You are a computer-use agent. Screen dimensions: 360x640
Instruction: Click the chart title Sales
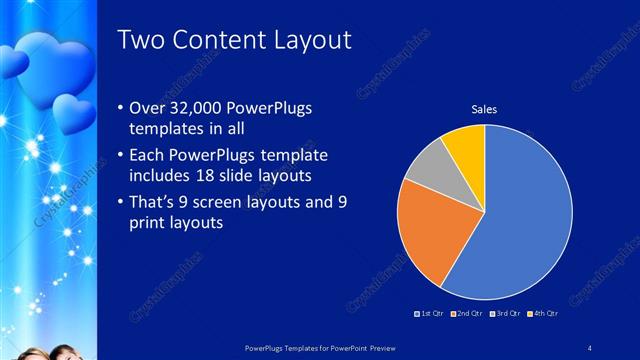[484, 109]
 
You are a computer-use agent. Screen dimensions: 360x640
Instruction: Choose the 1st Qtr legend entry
[431, 313]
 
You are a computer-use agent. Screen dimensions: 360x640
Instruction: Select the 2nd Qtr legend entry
[467, 313]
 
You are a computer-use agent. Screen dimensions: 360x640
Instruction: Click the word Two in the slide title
[139, 40]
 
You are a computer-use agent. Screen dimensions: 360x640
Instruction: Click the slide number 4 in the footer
[589, 347]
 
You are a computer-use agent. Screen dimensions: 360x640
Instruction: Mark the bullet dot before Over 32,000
[121, 109]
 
